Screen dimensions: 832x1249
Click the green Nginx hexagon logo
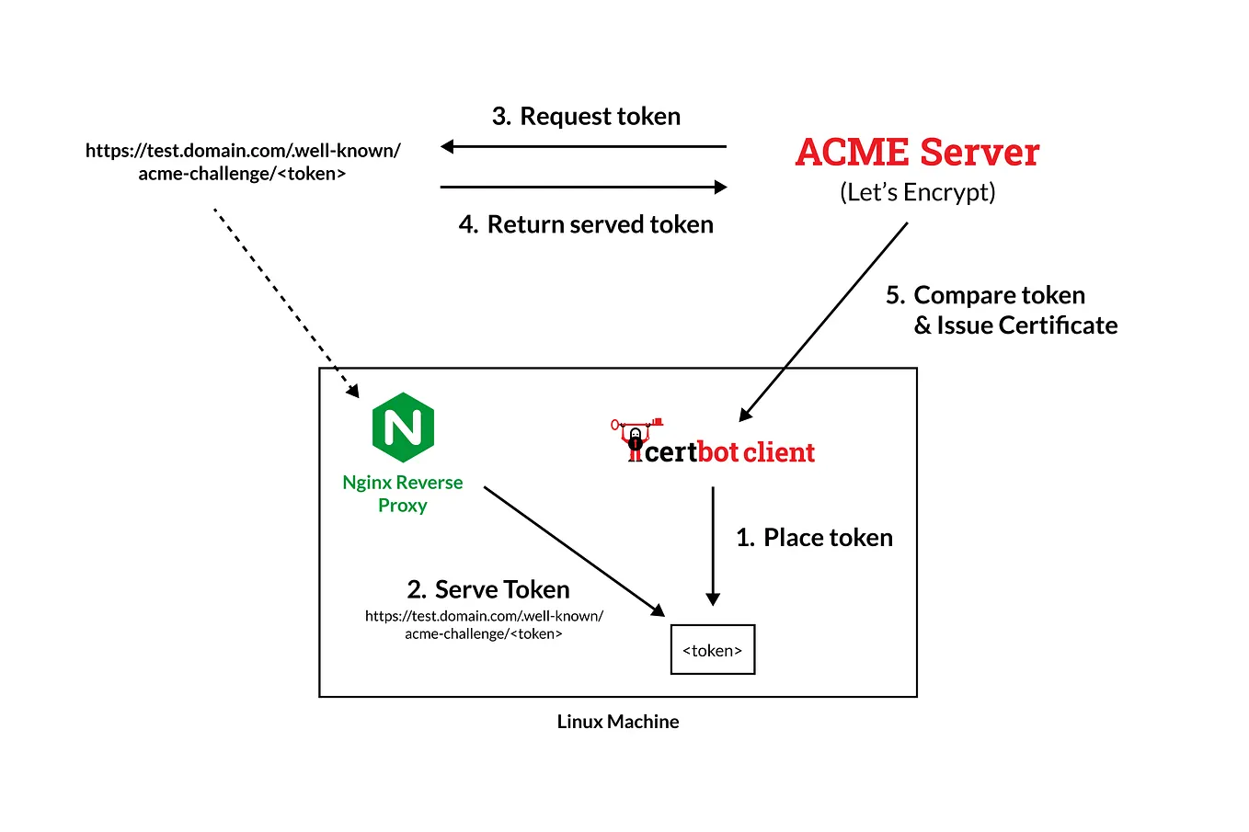[403, 427]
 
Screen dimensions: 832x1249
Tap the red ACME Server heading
[917, 153]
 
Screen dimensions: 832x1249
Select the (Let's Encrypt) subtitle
[917, 192]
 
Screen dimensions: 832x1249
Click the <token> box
[713, 650]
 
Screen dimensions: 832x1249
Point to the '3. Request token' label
[586, 117]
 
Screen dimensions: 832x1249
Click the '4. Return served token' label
[586, 224]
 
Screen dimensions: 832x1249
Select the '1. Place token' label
[814, 538]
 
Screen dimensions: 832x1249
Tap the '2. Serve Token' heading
[488, 589]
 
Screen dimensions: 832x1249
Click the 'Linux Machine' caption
[618, 722]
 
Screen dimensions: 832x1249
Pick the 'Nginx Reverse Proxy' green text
[403, 494]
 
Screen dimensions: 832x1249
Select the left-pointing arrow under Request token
[583, 146]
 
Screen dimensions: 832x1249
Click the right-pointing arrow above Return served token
[583, 187]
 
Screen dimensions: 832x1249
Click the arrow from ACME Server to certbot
[824, 321]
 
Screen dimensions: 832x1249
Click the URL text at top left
[243, 162]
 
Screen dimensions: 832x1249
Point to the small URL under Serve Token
[484, 625]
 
